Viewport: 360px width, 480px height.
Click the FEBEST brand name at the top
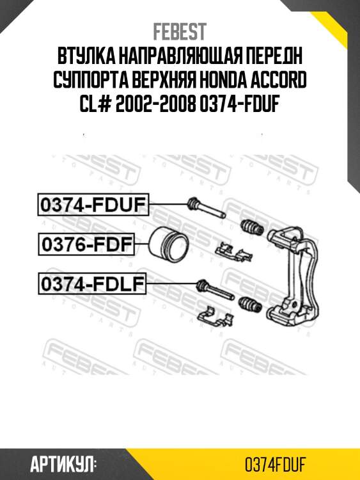coord(180,32)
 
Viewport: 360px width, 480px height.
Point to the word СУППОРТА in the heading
coord(95,81)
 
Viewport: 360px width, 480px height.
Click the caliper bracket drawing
coord(294,275)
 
